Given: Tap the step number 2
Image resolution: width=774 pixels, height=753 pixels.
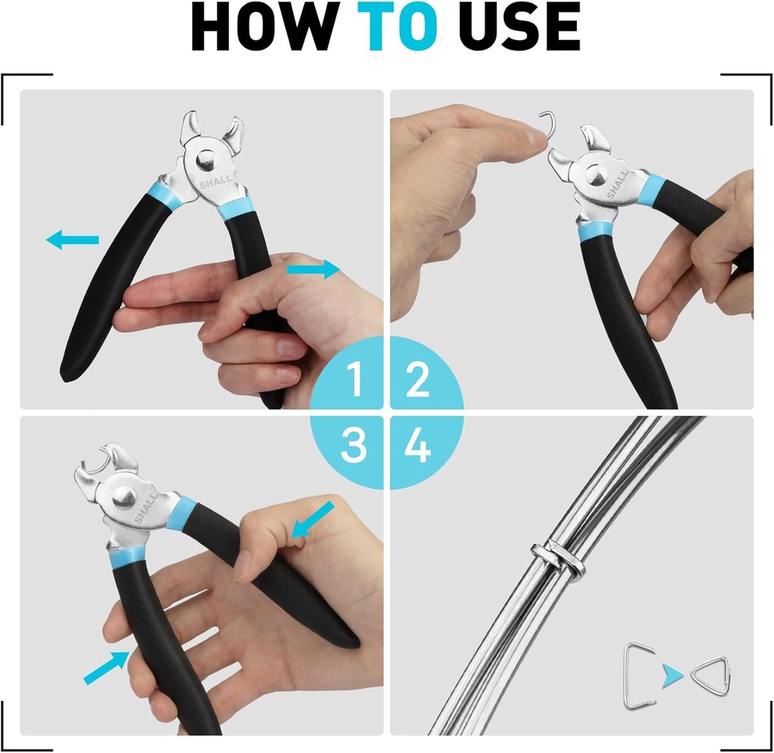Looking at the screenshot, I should coord(417,380).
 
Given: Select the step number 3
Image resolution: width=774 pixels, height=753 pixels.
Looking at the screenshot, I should coord(353,446).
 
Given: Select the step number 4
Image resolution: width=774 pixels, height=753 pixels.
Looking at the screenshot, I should coord(417,446).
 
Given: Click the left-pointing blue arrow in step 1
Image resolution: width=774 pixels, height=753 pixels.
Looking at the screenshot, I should coord(73,240).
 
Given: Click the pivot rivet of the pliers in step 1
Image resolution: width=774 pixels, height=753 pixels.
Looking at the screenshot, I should coord(206,160).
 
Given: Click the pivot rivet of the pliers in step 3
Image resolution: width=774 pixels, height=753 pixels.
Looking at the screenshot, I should coord(124,497).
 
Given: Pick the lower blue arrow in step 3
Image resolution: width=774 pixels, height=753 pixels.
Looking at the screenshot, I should coord(106,668).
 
